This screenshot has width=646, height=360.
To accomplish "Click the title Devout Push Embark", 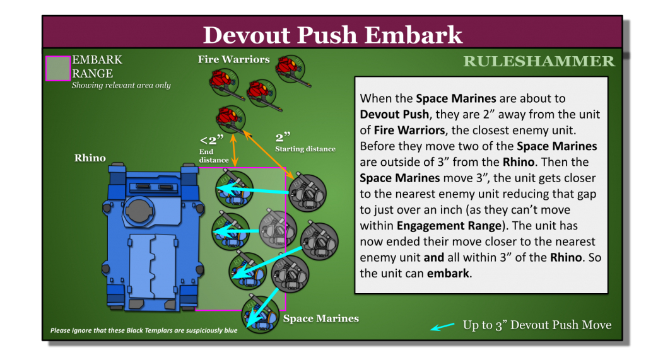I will point(332,34).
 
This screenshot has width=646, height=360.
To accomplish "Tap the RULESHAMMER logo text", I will point(539,61).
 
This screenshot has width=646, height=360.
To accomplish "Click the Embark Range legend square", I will point(57,68).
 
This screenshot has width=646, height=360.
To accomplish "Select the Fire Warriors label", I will point(233,60).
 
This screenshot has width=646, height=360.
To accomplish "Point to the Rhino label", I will point(90,158).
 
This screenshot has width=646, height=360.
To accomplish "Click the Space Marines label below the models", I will point(320,318).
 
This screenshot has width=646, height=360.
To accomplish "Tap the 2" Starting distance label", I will point(305,142).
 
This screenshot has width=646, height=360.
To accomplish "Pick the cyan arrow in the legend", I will point(442,326).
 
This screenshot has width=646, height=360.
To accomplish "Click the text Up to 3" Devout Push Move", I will point(537,325).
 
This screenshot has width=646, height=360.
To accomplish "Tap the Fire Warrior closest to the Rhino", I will point(230,117).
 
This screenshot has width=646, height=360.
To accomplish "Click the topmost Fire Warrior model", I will point(291,69).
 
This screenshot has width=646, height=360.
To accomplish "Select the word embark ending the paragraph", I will point(449,273).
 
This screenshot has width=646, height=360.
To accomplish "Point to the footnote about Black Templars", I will point(144,330).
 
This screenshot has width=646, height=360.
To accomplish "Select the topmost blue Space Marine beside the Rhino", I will point(232,187).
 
